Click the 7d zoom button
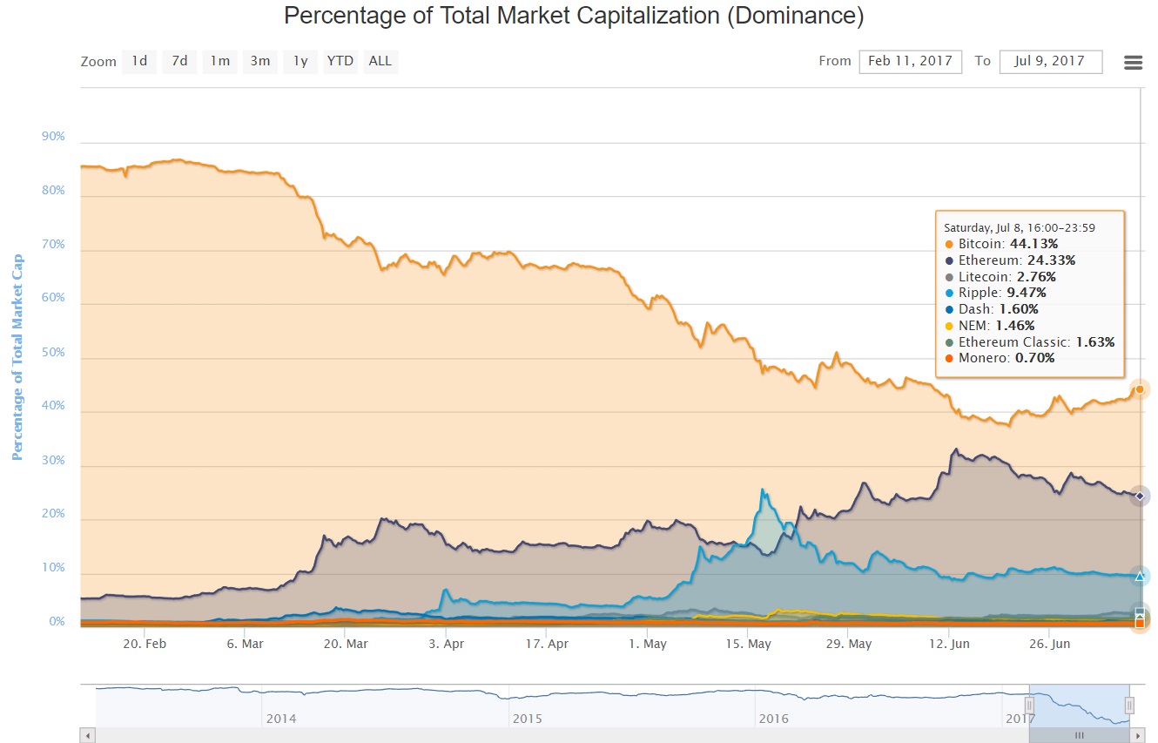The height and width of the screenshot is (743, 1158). click(179, 61)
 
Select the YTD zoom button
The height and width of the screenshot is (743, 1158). click(340, 61)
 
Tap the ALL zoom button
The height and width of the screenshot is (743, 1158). click(380, 61)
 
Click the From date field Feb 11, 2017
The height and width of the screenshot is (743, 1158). click(911, 61)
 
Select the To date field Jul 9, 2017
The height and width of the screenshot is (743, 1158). click(1051, 61)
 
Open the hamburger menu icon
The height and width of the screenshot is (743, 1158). click(1133, 63)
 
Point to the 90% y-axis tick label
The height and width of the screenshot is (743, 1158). click(53, 137)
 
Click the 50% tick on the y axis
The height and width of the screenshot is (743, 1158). click(53, 352)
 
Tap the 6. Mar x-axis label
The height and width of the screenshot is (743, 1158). click(245, 644)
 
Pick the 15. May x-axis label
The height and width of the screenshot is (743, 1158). click(749, 644)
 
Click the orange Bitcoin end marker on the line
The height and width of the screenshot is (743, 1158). click(1140, 389)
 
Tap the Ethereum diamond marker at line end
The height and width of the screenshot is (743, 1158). click(1140, 496)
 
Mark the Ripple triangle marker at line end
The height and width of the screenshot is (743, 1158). click(1140, 576)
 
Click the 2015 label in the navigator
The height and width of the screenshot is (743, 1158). click(527, 719)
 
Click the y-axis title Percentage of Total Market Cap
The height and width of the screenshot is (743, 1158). click(17, 357)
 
